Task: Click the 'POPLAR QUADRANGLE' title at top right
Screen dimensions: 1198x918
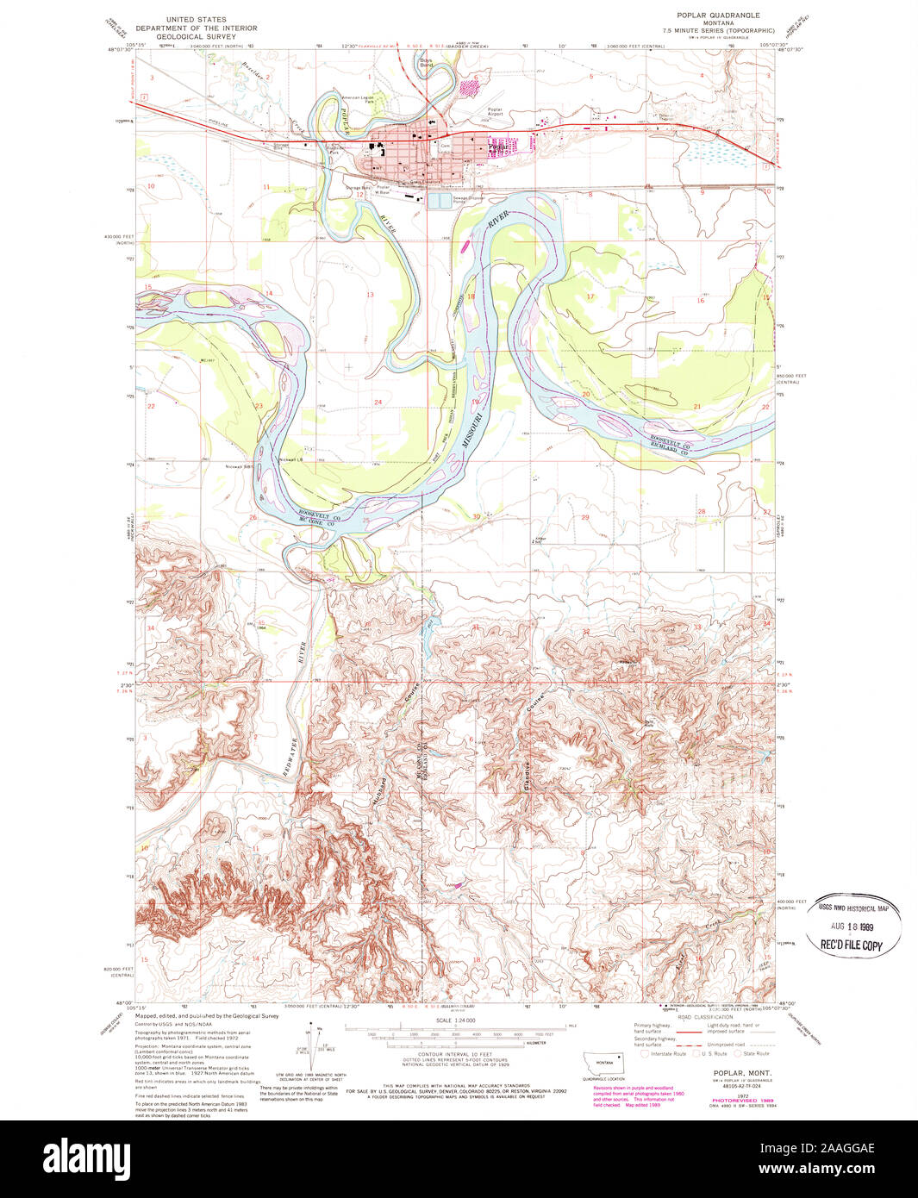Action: coord(718,15)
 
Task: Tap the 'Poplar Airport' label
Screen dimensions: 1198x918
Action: coord(495,112)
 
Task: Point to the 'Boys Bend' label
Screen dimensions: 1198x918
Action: coord(426,63)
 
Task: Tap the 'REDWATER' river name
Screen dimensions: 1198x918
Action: coord(290,758)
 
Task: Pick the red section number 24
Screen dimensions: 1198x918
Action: coord(378,402)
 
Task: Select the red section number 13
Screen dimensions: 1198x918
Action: coord(370,295)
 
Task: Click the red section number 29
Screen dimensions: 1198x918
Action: coord(585,517)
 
